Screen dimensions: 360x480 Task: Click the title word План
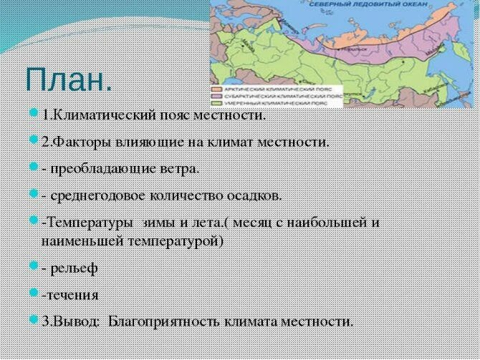click(68, 79)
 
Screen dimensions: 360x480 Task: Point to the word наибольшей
click(330, 222)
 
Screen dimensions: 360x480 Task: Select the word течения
click(72, 294)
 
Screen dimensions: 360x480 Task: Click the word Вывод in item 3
click(78, 321)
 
